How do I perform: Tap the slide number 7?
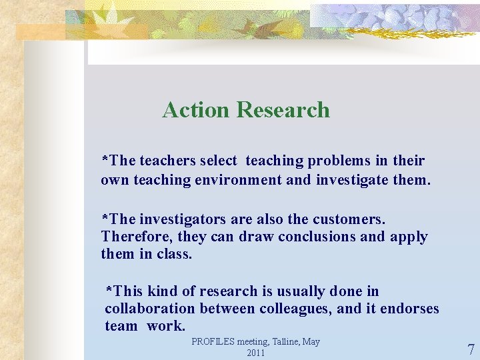coord(471,350)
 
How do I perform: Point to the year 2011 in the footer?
coord(256,353)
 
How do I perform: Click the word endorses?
coord(409,309)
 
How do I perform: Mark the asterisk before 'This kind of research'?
coord(110,291)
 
